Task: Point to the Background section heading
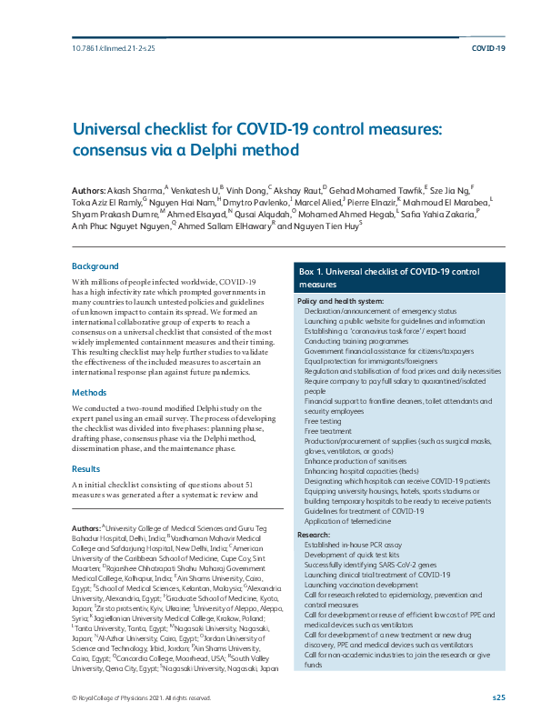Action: [95, 266]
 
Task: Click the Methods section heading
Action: [91, 392]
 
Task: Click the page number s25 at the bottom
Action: [498, 697]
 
